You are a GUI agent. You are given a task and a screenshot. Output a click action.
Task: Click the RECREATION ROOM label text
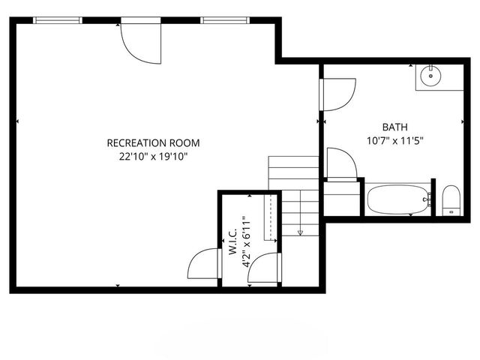point(153,142)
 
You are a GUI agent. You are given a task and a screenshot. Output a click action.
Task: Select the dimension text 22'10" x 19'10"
point(153,157)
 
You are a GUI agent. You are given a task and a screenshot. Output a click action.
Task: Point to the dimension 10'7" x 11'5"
point(394,140)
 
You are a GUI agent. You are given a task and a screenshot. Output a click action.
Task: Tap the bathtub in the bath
point(397,200)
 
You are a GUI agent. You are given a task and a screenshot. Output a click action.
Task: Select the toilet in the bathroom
point(451,200)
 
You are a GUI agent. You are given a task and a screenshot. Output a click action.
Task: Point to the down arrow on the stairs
point(300,231)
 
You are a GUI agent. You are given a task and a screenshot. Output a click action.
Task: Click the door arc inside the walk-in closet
point(263,269)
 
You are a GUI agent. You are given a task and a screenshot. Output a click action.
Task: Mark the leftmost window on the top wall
point(56,20)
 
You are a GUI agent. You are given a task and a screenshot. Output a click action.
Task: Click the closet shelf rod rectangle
point(266,217)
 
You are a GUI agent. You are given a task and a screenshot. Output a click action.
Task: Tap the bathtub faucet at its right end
point(428,200)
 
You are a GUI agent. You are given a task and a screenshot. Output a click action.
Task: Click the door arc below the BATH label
point(341,163)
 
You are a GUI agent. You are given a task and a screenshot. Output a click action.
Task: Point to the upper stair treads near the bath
point(294,168)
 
